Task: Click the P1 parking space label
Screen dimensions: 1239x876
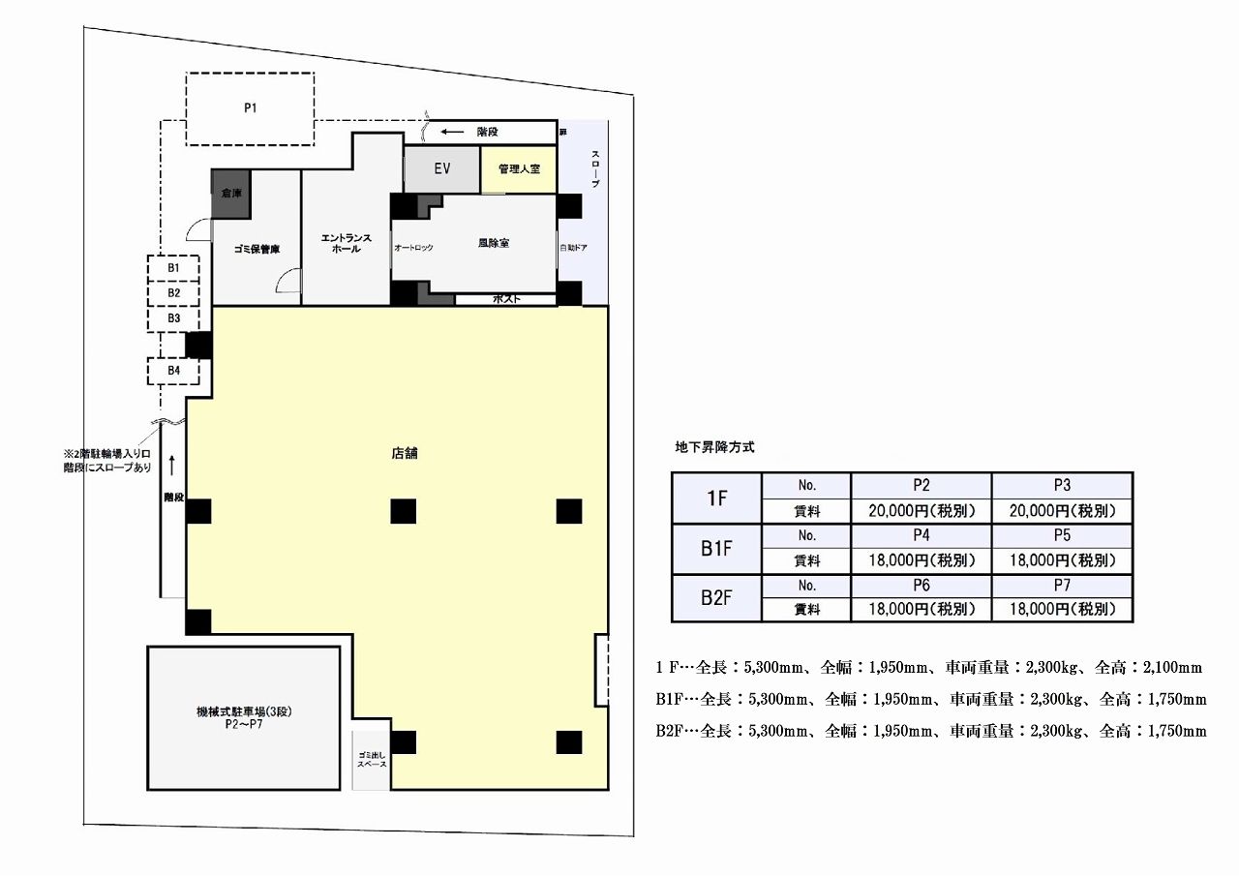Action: pos(251,107)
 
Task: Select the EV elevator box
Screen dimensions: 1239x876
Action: pos(442,169)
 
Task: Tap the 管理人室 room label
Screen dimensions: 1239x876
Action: pos(519,168)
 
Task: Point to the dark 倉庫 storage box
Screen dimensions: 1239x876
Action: pos(230,194)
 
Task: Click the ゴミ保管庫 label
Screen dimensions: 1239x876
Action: pos(257,249)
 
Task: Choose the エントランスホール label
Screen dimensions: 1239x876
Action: pos(347,243)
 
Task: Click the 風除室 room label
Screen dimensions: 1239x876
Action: pos(494,243)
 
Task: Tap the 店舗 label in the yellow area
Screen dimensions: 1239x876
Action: pos(405,453)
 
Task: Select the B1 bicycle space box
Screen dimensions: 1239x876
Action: pos(173,268)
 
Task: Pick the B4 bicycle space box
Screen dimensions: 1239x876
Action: pos(173,371)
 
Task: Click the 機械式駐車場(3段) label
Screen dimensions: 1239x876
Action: pos(244,711)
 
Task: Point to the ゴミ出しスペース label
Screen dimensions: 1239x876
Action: pos(372,759)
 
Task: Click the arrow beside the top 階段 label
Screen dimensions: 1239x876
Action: pos(452,133)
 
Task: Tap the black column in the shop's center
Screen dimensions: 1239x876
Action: pos(404,511)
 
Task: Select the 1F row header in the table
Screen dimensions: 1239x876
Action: pos(717,498)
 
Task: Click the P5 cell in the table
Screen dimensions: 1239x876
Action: pos(1062,535)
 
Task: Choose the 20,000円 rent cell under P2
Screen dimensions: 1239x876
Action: pos(921,511)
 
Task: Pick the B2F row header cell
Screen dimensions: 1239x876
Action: pos(717,598)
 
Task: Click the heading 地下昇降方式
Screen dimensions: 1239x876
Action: pos(714,447)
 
